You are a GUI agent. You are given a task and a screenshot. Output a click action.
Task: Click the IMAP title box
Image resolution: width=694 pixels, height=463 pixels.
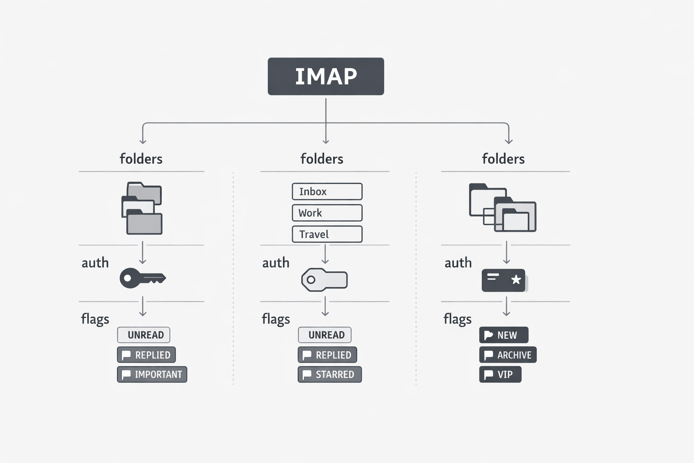pyautogui.click(x=326, y=76)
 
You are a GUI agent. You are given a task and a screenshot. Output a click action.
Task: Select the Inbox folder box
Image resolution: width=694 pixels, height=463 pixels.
pyautogui.click(x=327, y=191)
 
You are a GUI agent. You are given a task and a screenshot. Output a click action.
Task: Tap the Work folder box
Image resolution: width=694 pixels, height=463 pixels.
pyautogui.click(x=327, y=213)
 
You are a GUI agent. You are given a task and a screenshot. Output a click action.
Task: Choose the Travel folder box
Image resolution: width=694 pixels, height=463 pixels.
pyautogui.click(x=327, y=234)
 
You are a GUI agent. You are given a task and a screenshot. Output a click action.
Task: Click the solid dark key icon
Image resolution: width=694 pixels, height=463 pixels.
pyautogui.click(x=142, y=278)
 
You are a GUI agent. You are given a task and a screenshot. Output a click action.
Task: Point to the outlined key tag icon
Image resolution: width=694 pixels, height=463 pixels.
pyautogui.click(x=324, y=280)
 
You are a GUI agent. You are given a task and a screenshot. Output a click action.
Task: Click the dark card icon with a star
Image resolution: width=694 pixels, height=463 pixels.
pyautogui.click(x=504, y=280)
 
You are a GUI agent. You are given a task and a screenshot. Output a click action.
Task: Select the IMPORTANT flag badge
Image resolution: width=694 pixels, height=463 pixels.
pyautogui.click(x=152, y=374)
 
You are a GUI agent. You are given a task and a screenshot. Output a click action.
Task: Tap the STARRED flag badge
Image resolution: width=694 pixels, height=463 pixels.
pyautogui.click(x=329, y=374)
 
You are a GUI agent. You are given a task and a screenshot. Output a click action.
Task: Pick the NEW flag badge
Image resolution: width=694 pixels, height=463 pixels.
pyautogui.click(x=503, y=335)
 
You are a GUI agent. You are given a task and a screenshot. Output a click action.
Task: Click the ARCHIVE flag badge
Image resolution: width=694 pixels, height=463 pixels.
pyautogui.click(x=508, y=355)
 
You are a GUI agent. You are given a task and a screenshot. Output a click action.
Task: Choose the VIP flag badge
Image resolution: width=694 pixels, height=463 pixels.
pyautogui.click(x=500, y=374)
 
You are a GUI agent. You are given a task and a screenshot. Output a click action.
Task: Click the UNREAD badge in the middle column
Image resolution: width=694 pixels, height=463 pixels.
pyautogui.click(x=325, y=335)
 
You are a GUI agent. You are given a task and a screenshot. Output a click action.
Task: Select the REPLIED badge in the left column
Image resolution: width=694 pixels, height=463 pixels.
pyautogui.click(x=146, y=355)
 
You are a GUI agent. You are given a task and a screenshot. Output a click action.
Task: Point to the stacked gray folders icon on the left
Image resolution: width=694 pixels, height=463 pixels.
pyautogui.click(x=142, y=208)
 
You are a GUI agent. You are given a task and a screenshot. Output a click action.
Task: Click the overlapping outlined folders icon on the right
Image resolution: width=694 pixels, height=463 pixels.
pyautogui.click(x=502, y=208)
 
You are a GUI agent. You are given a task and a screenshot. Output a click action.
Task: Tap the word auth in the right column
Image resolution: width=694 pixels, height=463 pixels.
pyautogui.click(x=458, y=263)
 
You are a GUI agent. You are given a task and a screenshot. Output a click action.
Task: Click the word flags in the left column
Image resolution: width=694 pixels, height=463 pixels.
pyautogui.click(x=95, y=319)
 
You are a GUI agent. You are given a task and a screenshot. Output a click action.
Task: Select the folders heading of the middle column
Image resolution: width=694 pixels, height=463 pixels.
pyautogui.click(x=322, y=159)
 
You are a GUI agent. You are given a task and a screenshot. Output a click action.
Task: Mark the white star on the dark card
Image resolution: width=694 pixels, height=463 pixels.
pyautogui.click(x=516, y=279)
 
